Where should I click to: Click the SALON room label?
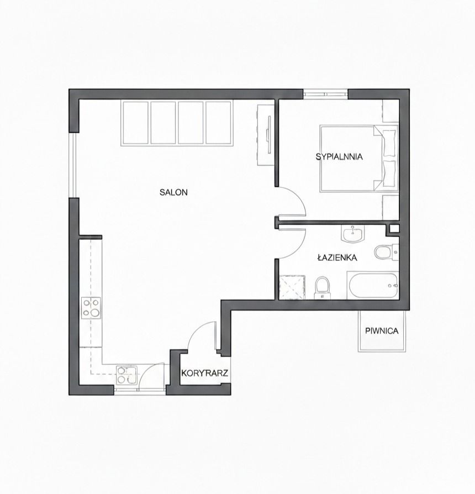coord(173,192)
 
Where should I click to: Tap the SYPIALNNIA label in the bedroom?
coord(339,156)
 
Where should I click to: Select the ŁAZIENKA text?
coord(337,257)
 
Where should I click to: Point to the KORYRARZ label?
coord(205,374)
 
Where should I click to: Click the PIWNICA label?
coord(382,331)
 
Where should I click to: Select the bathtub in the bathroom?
coord(373,286)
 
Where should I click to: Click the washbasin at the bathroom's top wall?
coord(353,234)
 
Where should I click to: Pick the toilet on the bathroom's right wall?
coord(387,253)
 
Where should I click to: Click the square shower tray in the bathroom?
coord(292,287)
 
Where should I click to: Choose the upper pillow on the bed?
coord(389,143)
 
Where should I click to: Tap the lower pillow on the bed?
coord(389,174)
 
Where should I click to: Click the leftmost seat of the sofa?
coord(135,123)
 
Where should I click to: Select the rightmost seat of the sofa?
coord(219,123)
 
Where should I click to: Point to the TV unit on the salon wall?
coord(266,135)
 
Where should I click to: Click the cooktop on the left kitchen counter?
coord(91,308)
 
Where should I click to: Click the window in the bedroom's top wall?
coord(326,94)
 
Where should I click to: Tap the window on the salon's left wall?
coord(74,165)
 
